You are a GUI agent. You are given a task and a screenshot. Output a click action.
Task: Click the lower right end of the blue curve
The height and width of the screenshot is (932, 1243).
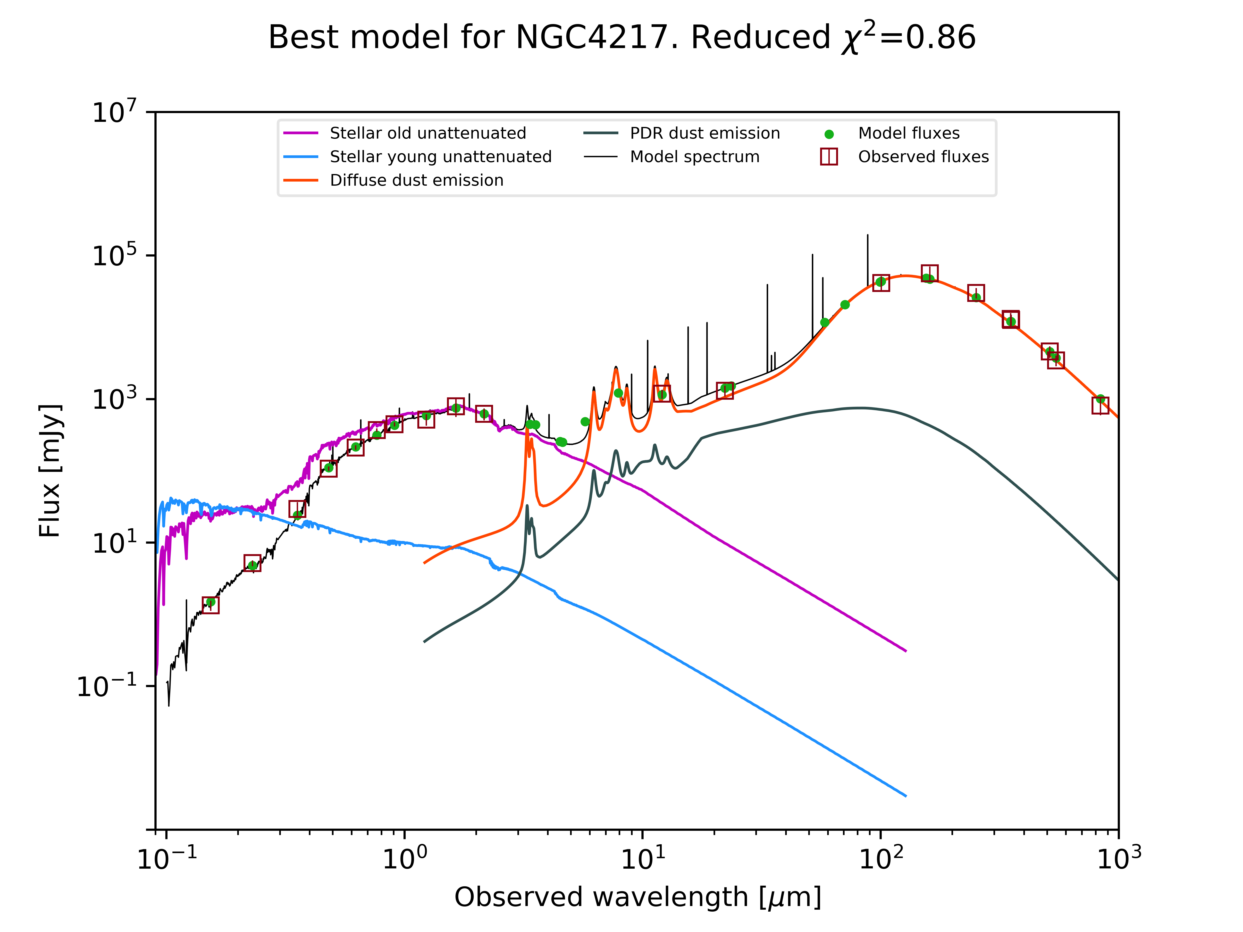pos(905,796)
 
